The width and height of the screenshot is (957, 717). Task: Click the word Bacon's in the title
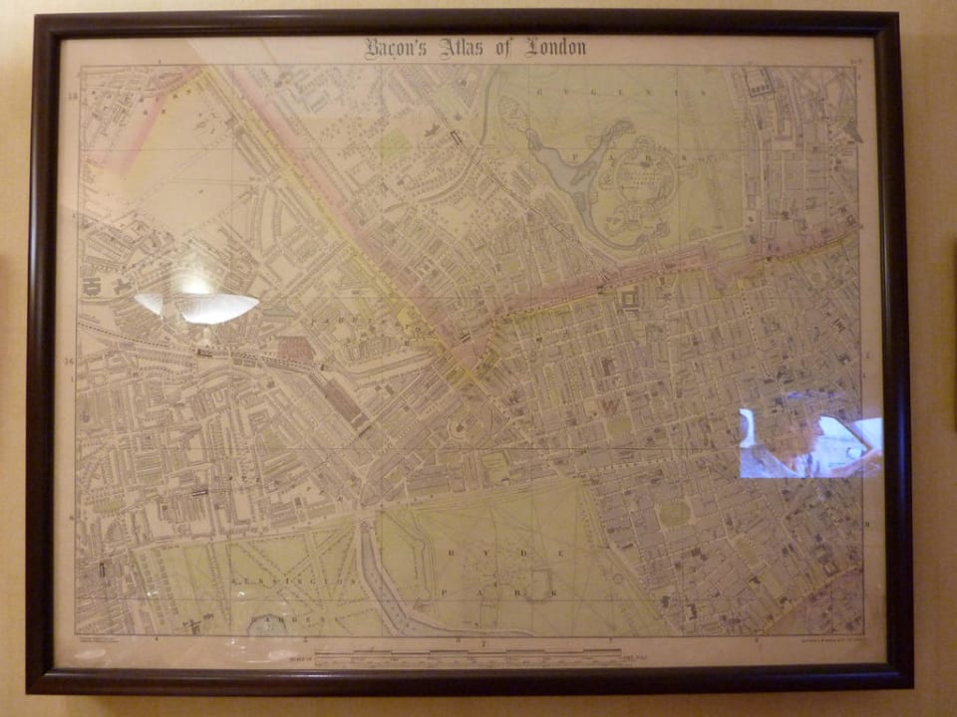pos(396,48)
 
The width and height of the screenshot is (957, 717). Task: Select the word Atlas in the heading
pos(467,48)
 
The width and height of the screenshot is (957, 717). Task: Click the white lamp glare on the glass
pos(199,305)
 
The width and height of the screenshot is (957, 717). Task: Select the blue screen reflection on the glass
pos(809,444)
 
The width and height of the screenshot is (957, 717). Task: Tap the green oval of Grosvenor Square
pos(674,514)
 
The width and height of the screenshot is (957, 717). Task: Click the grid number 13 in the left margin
pos(71,96)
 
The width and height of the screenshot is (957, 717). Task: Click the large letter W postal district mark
pos(606,408)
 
